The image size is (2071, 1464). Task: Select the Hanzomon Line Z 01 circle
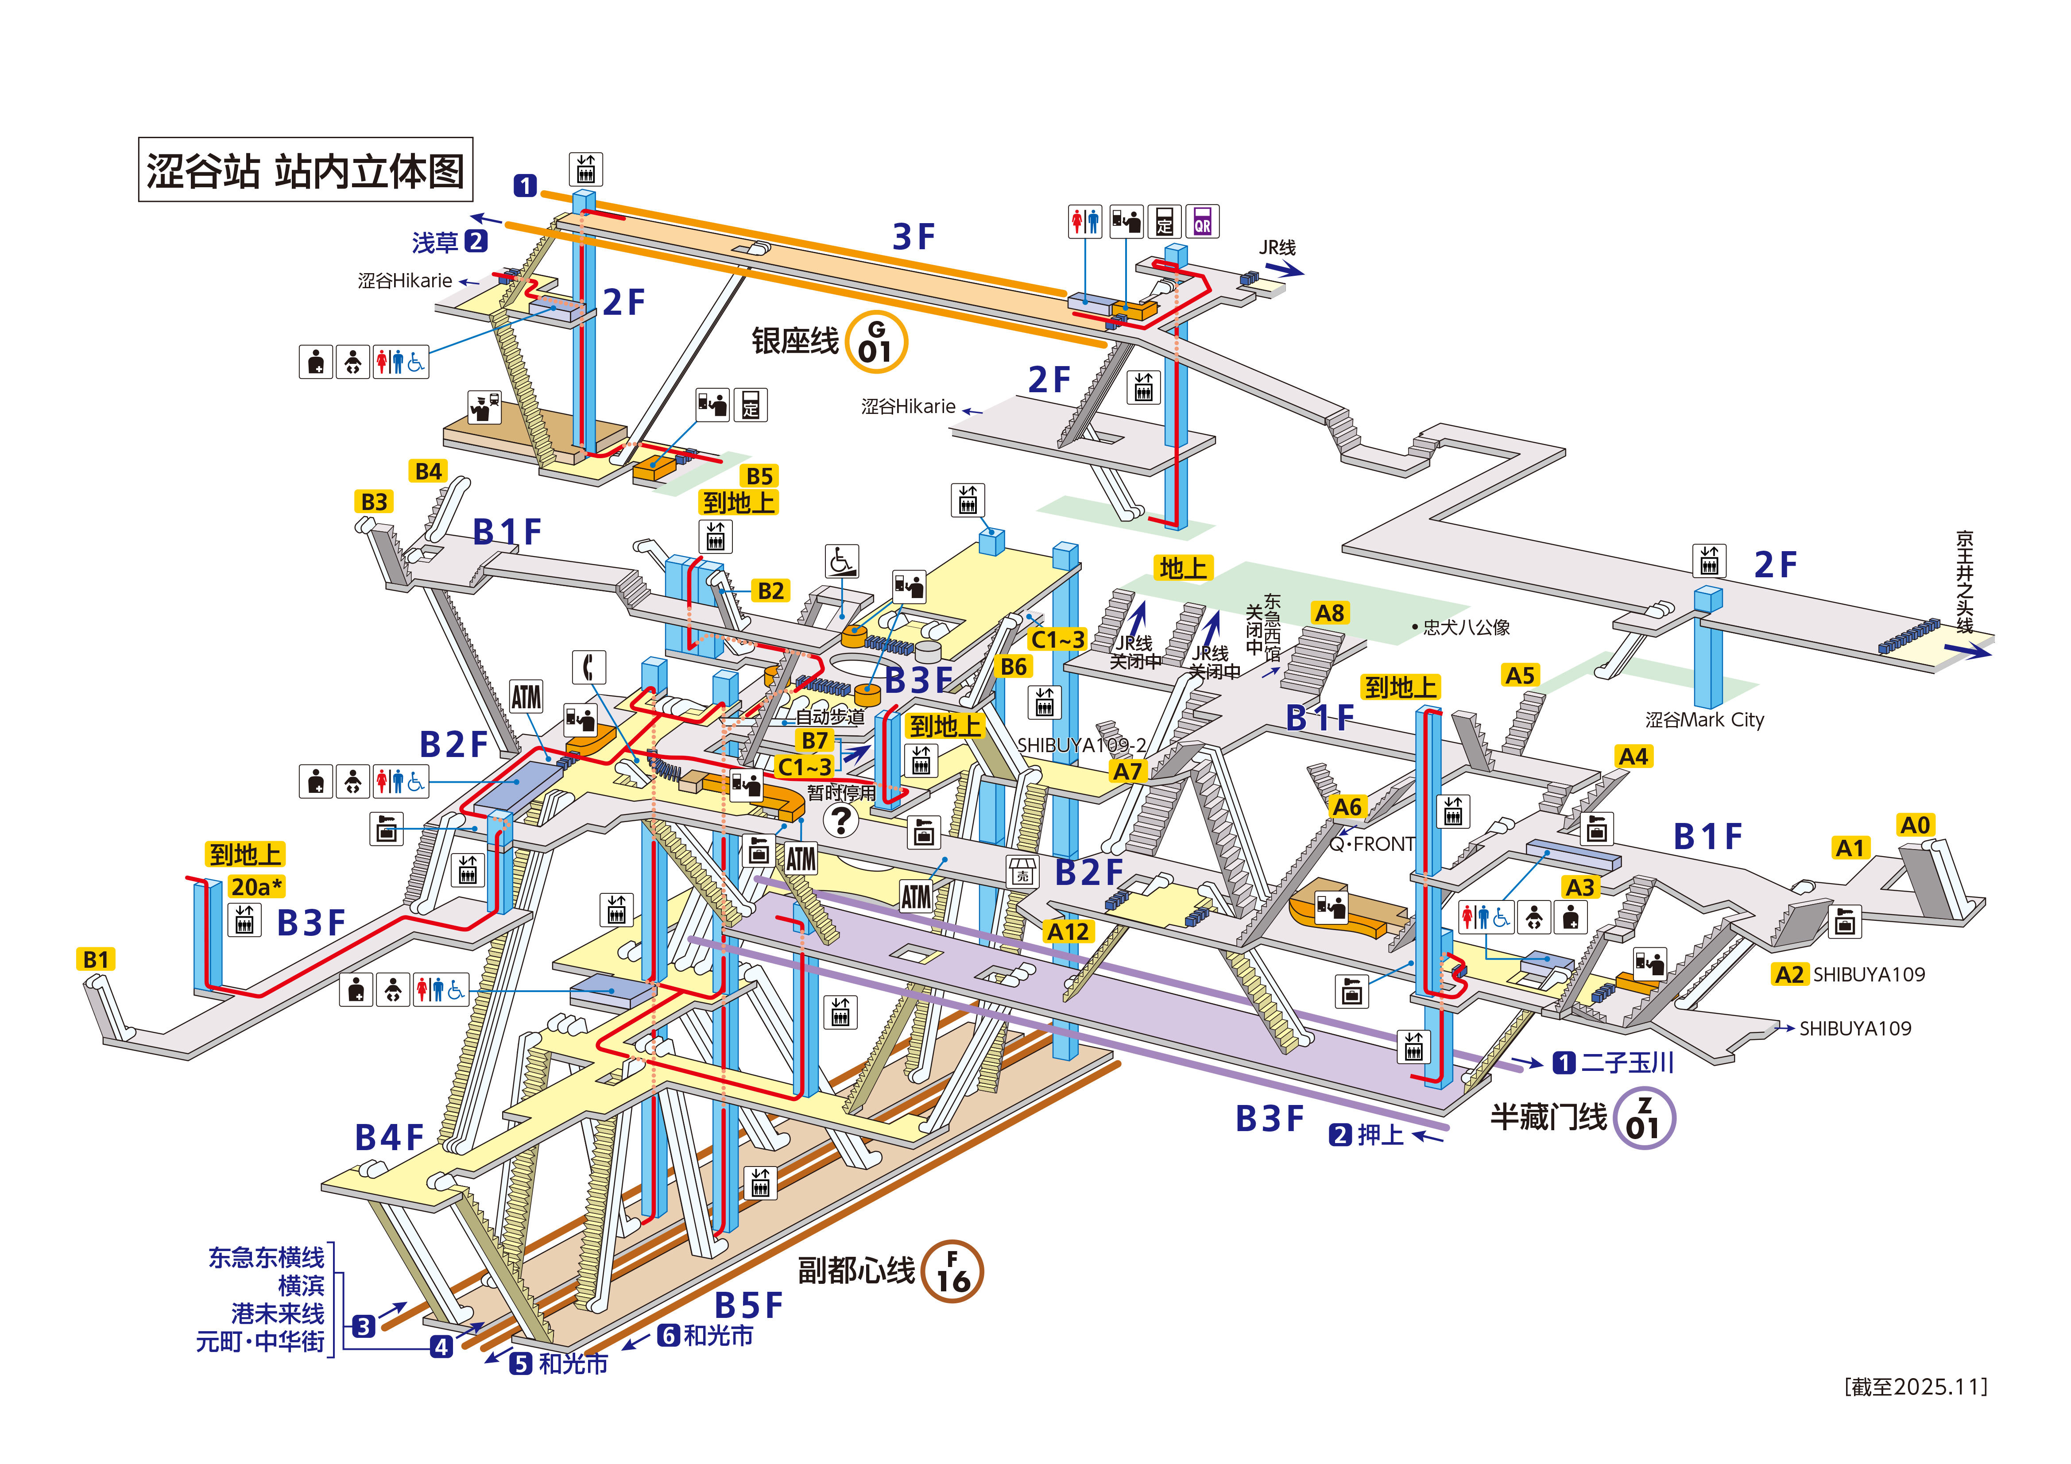coord(1643,1119)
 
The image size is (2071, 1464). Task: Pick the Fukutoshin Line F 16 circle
coord(952,1271)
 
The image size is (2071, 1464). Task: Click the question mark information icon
coord(841,820)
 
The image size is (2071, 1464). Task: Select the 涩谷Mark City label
coord(1704,720)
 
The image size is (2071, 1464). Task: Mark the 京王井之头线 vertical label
coord(1965,582)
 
